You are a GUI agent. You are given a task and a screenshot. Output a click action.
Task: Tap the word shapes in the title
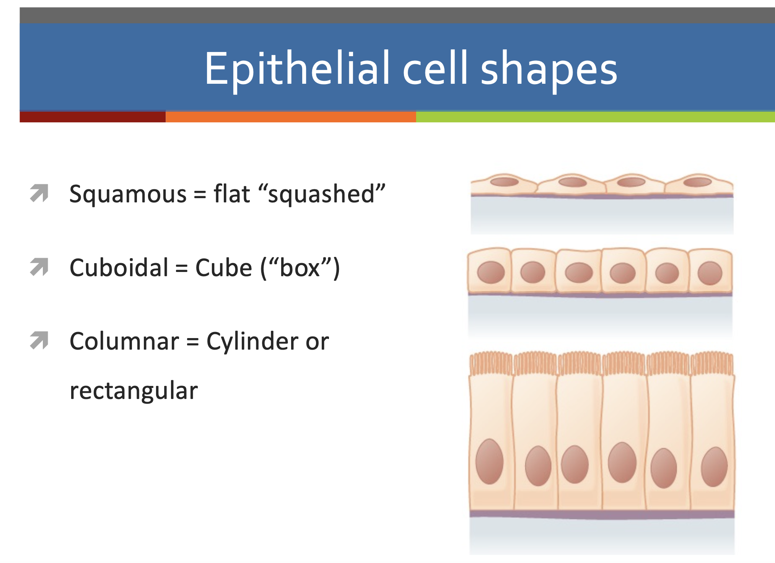click(549, 69)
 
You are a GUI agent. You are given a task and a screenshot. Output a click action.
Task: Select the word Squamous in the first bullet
click(128, 194)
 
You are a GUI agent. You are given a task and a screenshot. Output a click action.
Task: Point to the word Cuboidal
click(119, 267)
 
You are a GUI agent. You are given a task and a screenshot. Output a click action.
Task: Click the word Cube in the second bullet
click(224, 267)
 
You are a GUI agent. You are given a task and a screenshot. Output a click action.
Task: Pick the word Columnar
click(124, 341)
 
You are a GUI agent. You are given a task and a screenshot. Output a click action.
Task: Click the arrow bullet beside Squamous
click(39, 193)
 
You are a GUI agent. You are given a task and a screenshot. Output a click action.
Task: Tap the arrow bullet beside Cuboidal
click(39, 267)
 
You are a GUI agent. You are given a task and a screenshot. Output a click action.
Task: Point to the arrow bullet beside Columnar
click(39, 340)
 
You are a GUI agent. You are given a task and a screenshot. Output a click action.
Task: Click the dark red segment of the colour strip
click(93, 117)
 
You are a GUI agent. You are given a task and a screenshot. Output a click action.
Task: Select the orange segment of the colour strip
click(291, 117)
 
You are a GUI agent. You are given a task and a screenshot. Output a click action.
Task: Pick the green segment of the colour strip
click(596, 117)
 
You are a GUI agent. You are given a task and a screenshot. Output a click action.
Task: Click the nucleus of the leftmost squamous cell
click(504, 181)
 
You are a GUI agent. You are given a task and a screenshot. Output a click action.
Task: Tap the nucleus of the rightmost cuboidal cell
click(710, 273)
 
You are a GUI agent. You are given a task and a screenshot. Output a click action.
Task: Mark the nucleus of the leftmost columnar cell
click(489, 462)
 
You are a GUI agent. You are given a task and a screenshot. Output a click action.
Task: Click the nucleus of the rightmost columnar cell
click(714, 467)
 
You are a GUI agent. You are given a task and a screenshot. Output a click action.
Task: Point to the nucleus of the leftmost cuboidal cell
click(491, 272)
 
